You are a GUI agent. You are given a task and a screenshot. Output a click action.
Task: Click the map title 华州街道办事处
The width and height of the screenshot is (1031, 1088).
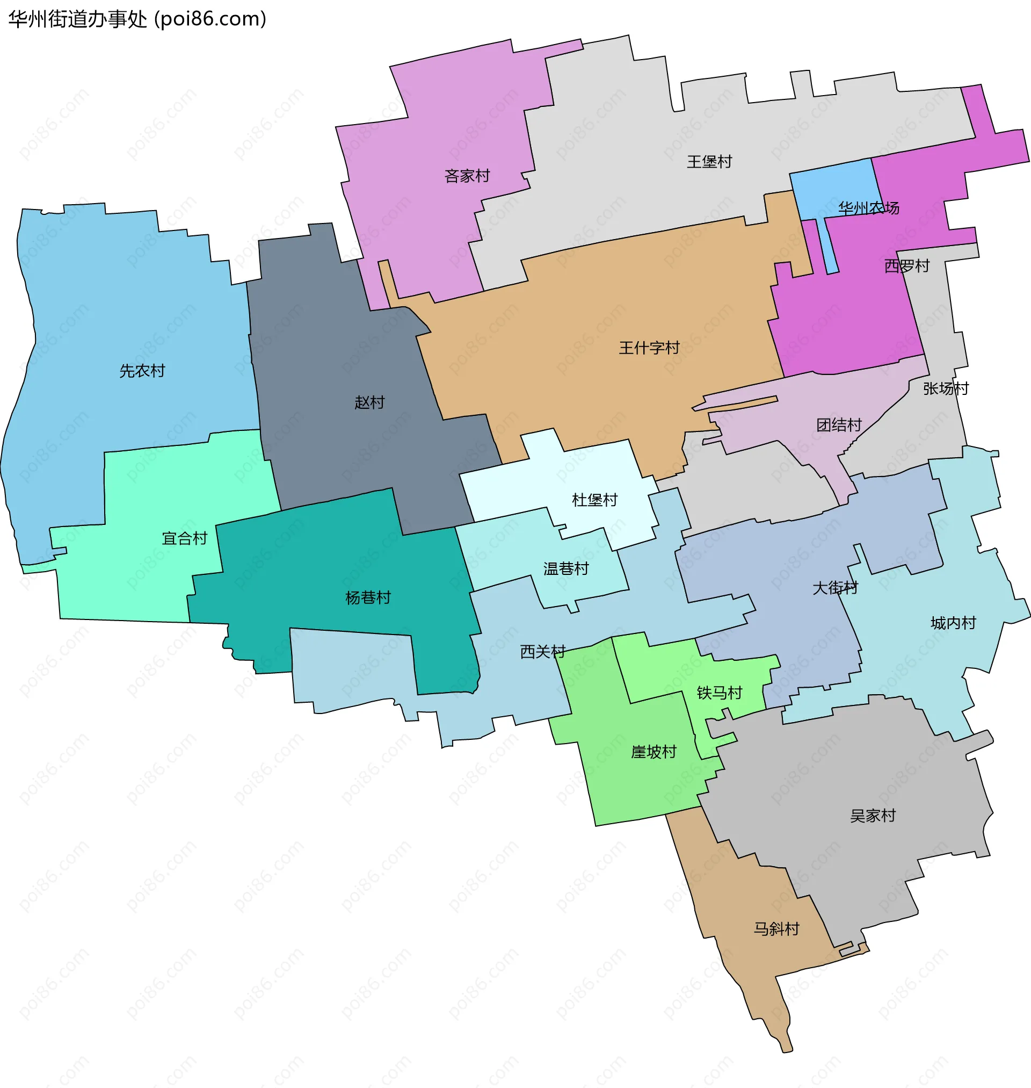(77, 19)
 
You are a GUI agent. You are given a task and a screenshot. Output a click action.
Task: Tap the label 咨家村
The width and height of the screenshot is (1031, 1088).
(467, 176)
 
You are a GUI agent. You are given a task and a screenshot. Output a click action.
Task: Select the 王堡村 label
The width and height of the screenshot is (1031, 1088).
(709, 162)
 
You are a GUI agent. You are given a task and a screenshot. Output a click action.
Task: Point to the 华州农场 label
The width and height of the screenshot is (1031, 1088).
(868, 208)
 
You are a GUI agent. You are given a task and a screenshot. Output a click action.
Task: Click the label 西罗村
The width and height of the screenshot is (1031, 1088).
(906, 266)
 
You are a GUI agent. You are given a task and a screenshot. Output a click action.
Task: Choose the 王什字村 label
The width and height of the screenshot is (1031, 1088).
(649, 348)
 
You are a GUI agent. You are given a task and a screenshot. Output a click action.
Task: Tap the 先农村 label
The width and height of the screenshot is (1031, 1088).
(142, 371)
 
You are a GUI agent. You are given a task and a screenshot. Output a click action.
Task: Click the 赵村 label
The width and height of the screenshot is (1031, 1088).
(369, 403)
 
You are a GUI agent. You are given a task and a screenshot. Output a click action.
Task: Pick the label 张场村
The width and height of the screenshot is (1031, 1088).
(945, 388)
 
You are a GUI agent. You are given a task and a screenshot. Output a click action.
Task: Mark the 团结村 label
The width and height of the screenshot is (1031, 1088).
(839, 425)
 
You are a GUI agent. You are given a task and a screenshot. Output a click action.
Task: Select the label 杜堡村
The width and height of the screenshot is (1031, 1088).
(594, 500)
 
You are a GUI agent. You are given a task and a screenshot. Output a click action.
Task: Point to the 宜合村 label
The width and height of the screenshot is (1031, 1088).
(185, 539)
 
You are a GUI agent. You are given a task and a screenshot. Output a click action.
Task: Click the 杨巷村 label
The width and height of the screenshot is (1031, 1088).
(368, 597)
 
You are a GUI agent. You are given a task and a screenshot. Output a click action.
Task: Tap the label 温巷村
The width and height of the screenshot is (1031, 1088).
(566, 568)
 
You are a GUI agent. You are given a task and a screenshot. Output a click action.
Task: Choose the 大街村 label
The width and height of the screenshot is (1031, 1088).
(835, 588)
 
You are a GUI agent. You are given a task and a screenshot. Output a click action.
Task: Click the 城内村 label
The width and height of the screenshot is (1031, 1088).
(953, 623)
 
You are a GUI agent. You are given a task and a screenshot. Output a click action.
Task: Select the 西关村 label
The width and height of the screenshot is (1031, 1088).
(543, 652)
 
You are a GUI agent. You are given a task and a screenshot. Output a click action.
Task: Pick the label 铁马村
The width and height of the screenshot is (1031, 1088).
(720, 693)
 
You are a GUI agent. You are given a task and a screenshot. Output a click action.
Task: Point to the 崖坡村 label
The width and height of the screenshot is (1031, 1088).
(654, 752)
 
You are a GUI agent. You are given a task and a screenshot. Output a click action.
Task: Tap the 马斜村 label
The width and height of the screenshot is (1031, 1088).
(776, 929)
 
